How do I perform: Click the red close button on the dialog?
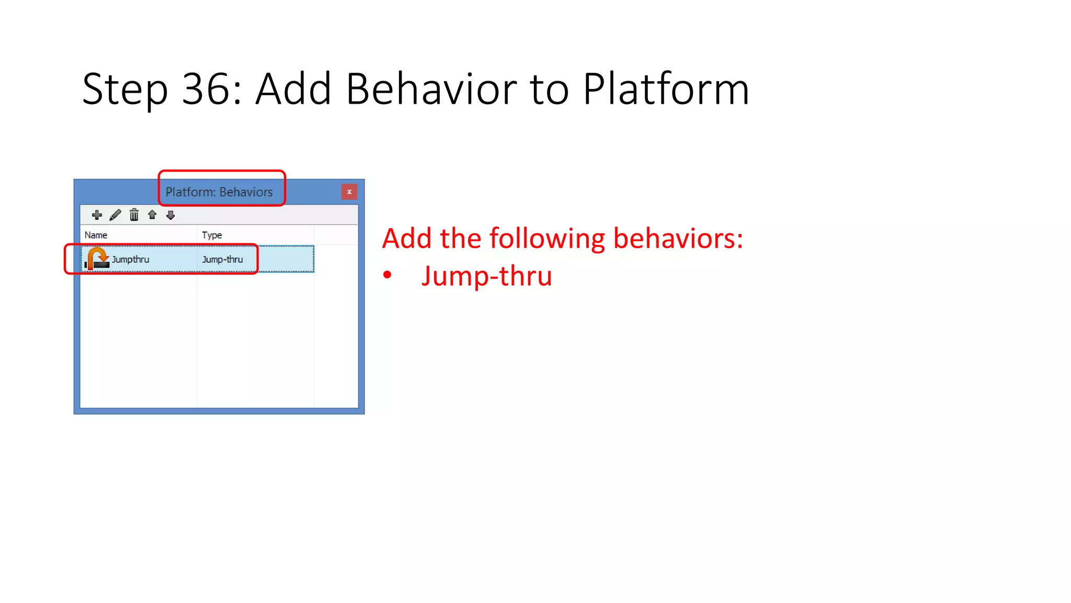click(349, 192)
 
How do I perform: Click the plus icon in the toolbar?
click(97, 215)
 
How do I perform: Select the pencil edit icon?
click(116, 215)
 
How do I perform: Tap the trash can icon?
click(134, 215)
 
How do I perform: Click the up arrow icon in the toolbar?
click(152, 215)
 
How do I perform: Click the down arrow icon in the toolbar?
click(170, 215)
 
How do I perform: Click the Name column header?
click(96, 235)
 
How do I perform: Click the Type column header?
click(212, 235)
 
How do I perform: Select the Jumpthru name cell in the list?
click(131, 259)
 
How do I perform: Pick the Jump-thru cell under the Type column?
click(222, 259)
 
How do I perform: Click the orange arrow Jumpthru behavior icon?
click(97, 259)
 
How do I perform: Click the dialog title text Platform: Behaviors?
click(219, 192)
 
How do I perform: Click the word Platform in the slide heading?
click(666, 89)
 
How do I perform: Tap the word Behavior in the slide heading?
click(431, 89)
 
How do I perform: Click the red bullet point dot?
click(387, 275)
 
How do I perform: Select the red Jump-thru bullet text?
click(486, 276)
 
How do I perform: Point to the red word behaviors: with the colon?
click(678, 238)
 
